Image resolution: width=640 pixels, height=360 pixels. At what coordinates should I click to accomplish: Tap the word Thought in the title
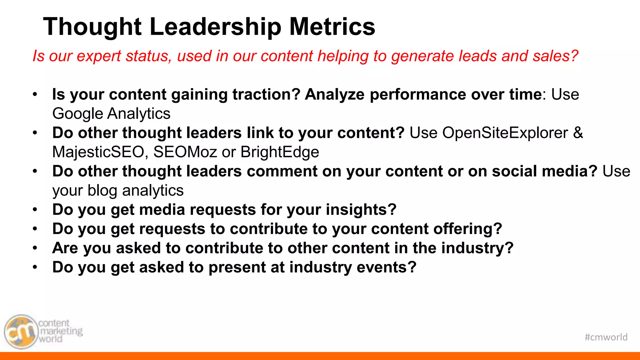coord(92,27)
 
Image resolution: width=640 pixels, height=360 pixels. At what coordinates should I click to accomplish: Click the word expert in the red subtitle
coord(98,56)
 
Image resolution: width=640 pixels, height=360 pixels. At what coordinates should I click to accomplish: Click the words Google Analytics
coord(111,113)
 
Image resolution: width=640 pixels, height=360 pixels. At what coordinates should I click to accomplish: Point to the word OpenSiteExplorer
coord(505,133)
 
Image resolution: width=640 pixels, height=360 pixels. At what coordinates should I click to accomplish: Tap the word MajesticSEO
coord(98,152)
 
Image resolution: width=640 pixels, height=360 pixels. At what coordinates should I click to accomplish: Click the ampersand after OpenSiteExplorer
coord(578,133)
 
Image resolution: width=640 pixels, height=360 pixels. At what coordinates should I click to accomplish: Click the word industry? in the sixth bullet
coord(477,248)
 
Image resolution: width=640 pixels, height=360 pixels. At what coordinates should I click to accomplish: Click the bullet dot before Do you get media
coord(35,210)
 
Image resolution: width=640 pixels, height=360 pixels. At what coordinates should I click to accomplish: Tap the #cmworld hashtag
coord(606,337)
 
